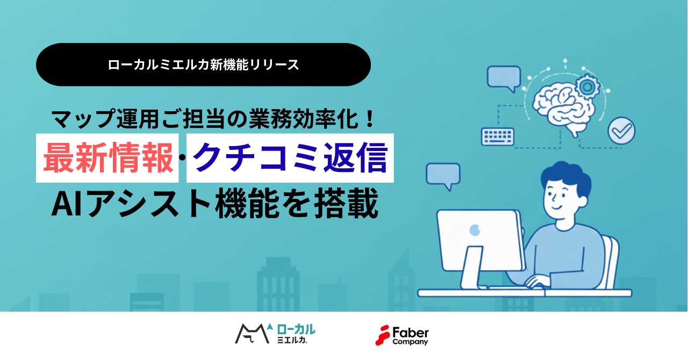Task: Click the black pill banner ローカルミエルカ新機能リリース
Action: pyautogui.click(x=203, y=64)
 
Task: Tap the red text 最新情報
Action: pyautogui.click(x=108, y=158)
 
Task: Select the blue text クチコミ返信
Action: pyautogui.click(x=290, y=157)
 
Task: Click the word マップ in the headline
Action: pyautogui.click(x=83, y=119)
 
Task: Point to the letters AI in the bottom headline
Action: pyautogui.click(x=67, y=203)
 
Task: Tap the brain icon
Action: pyautogui.click(x=564, y=108)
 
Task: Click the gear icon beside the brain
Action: pyautogui.click(x=587, y=87)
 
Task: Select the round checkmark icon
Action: pyautogui.click(x=621, y=131)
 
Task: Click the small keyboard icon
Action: pyautogui.click(x=498, y=136)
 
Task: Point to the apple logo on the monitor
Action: pyautogui.click(x=475, y=230)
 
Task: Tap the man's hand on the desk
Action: pyautogui.click(x=537, y=281)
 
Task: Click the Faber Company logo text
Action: pyautogui.click(x=410, y=336)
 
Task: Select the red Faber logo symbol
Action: pyautogui.click(x=382, y=335)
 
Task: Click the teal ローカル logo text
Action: pyautogui.click(x=296, y=329)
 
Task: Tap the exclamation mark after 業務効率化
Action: pyautogui.click(x=370, y=119)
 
